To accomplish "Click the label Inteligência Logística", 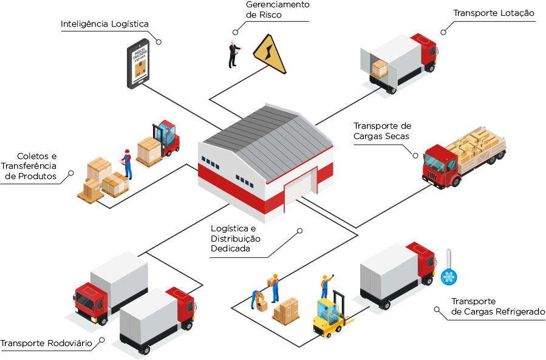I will click(x=104, y=24).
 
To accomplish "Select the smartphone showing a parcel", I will click(x=138, y=64).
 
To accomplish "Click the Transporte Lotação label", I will click(x=493, y=13).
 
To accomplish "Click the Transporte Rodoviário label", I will click(x=46, y=344).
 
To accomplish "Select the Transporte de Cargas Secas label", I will click(x=382, y=131).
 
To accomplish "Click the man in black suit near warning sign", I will click(x=233, y=53).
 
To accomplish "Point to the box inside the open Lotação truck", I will click(x=380, y=68).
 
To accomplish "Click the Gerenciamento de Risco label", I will click(x=277, y=10).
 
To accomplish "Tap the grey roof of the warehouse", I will click(x=267, y=134).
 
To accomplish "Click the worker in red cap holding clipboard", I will click(x=127, y=163).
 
